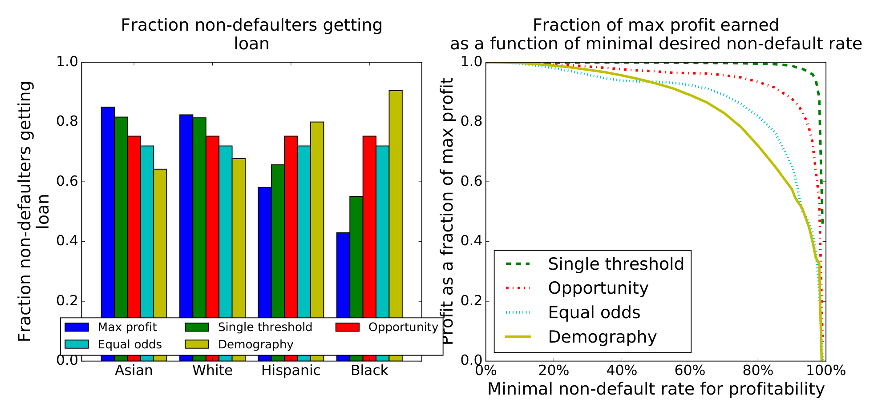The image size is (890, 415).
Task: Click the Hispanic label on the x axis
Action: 291,371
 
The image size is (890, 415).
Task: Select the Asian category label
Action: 133,371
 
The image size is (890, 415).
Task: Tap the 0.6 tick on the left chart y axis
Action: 67,182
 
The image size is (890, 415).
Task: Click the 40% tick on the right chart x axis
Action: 622,371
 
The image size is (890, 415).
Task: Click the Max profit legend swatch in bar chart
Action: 74,327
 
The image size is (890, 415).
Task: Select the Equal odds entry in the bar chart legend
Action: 129,344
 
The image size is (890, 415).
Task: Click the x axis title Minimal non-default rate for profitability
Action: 656,389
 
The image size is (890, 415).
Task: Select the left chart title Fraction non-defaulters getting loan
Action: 251,34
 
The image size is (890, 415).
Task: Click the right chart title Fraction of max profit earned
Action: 656,25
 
